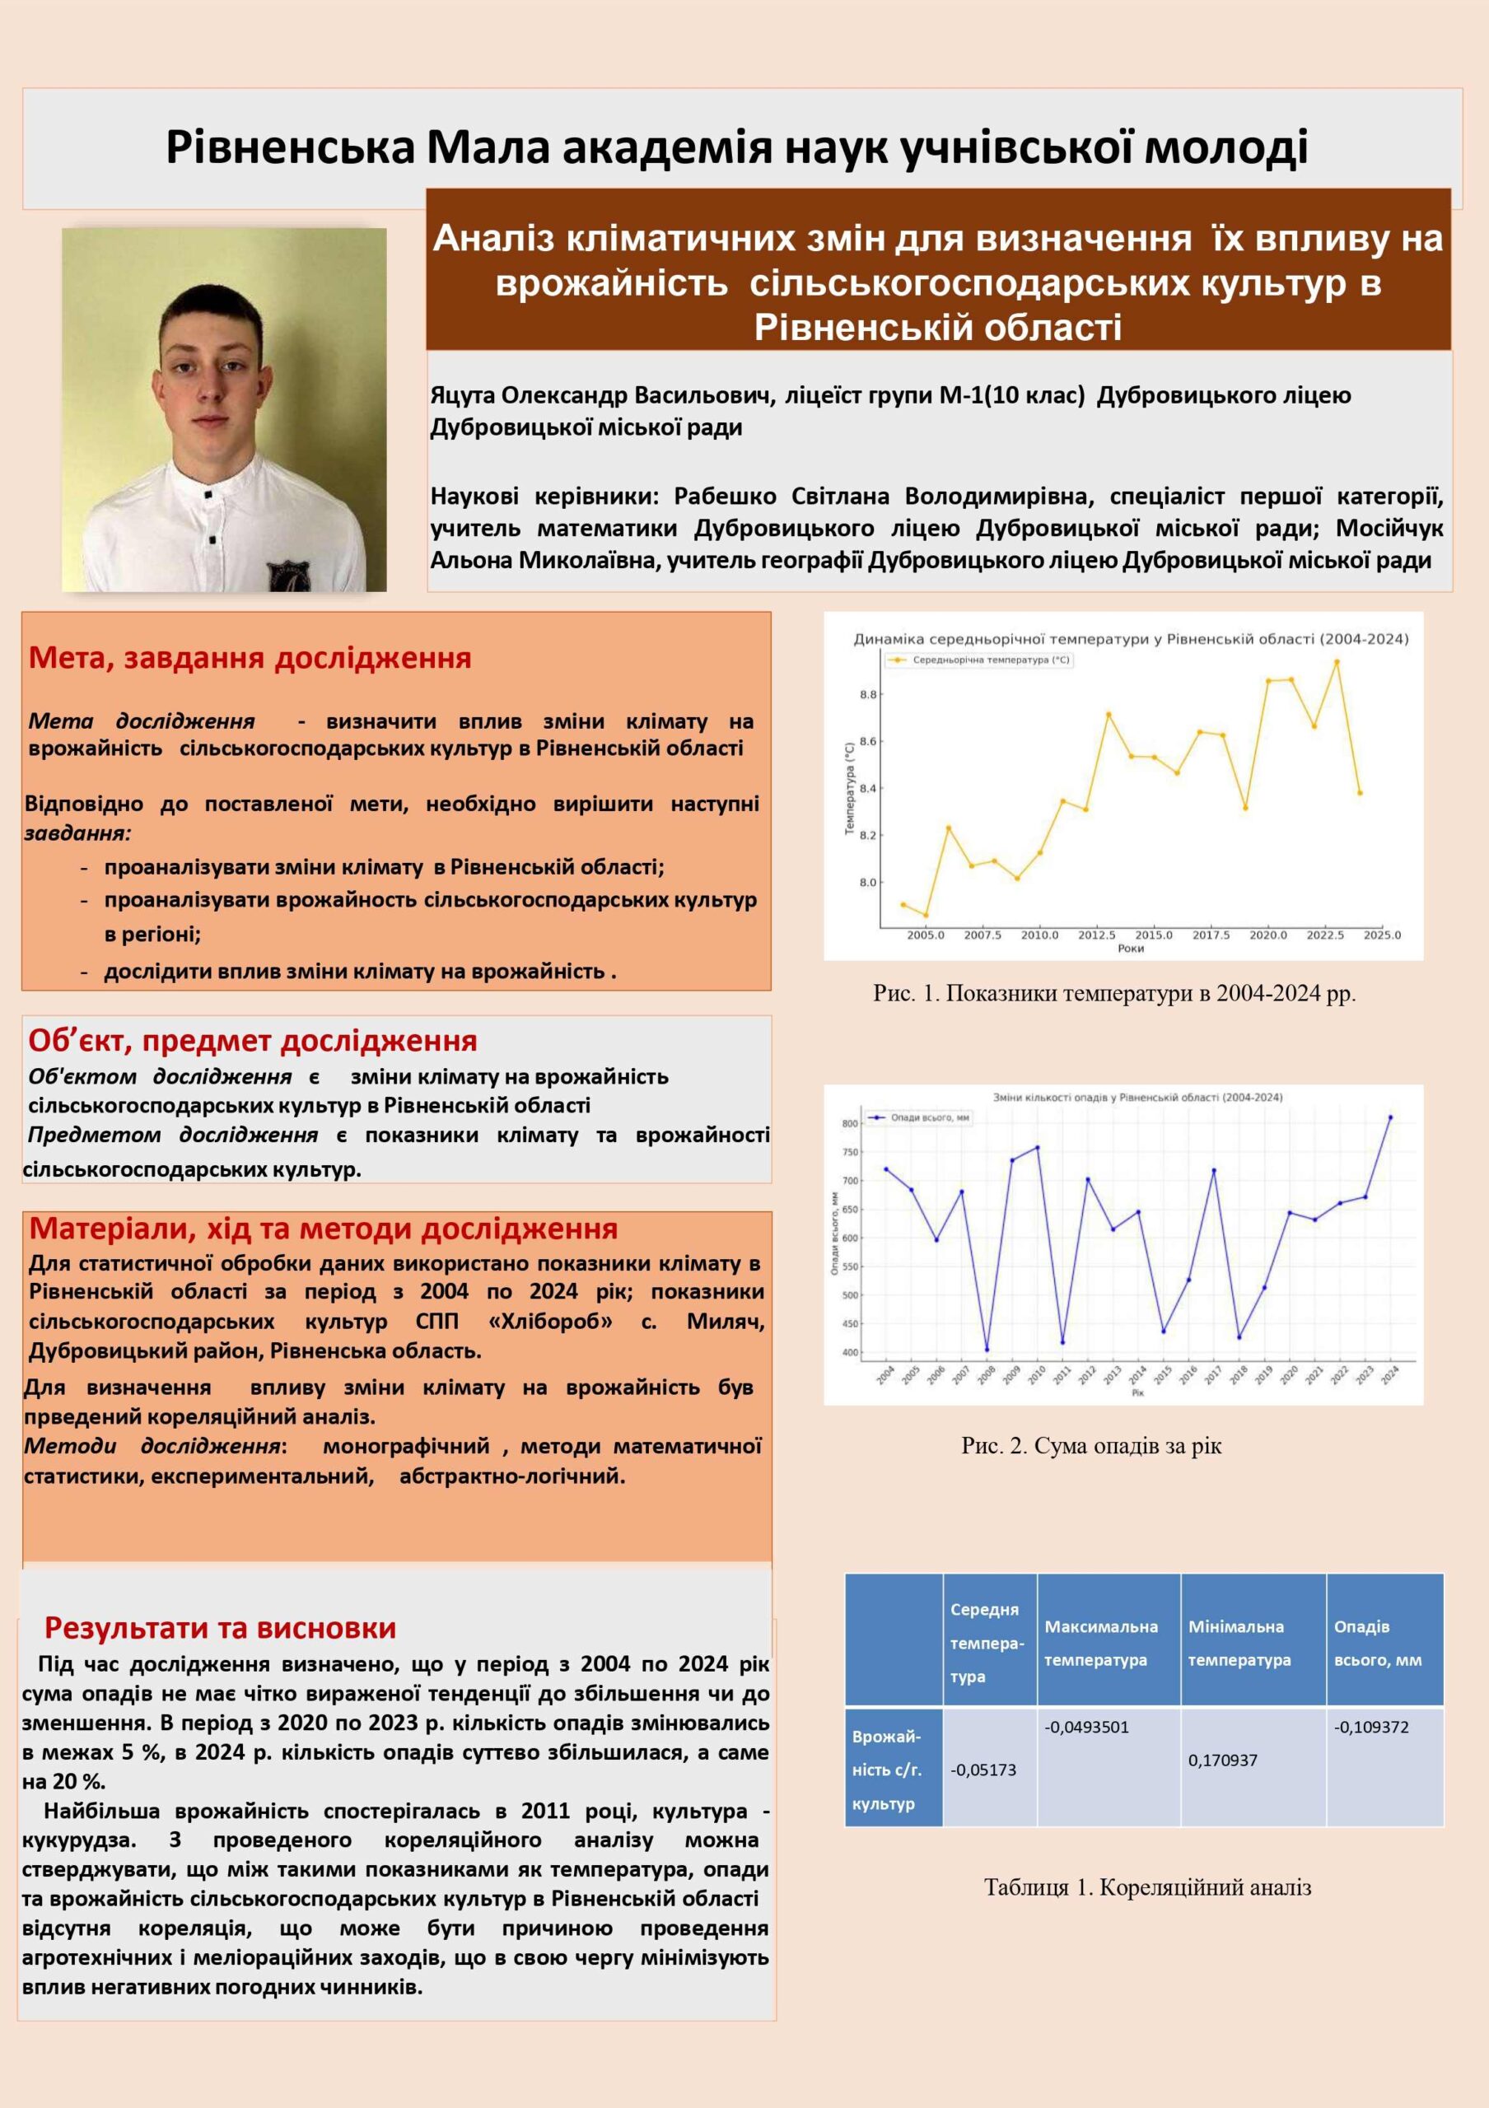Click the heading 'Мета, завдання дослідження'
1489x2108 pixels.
pos(250,658)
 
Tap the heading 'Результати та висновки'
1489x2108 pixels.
pos(221,1628)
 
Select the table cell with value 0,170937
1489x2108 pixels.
pos(1223,1760)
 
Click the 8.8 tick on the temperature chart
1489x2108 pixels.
pos(868,695)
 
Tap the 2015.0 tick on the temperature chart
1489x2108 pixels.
pos(1153,935)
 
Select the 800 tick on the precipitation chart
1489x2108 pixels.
pos(849,1124)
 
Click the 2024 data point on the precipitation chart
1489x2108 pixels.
pos(1390,1117)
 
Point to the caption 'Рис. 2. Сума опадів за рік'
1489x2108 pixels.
pos(1091,1446)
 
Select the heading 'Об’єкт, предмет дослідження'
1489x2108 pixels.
pos(253,1041)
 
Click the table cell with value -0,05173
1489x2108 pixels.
pos(983,1770)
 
